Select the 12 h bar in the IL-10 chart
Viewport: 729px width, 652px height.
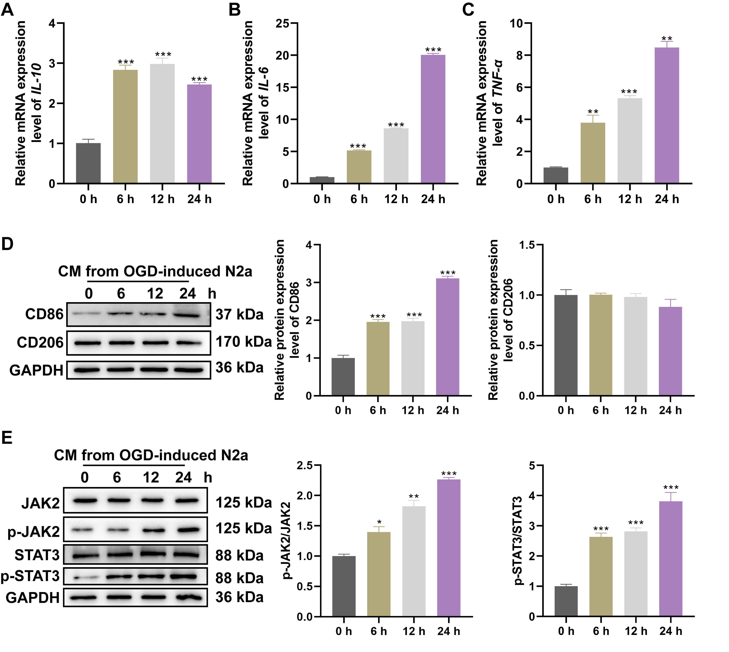162,124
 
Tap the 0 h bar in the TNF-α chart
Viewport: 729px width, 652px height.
556,176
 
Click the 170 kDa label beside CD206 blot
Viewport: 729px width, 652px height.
243,342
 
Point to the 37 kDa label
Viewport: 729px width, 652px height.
239,314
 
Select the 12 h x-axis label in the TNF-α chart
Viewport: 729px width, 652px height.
630,199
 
